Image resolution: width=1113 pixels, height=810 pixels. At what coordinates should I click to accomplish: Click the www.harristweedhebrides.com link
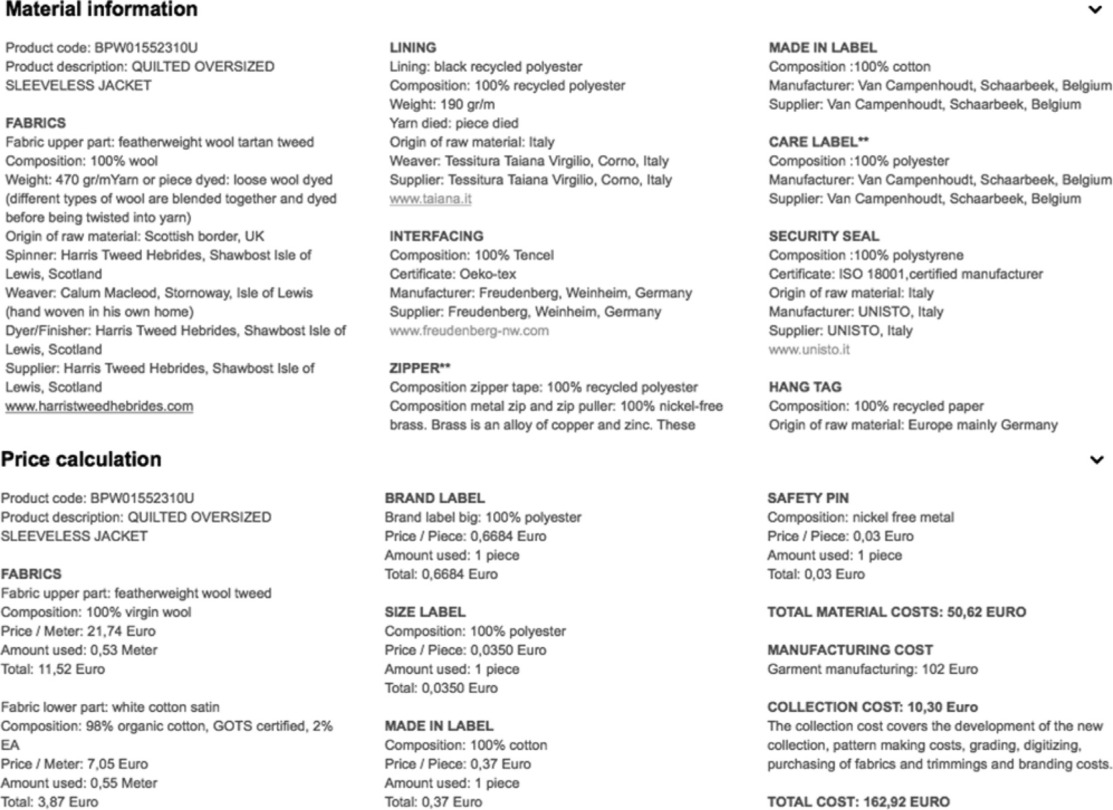(x=99, y=406)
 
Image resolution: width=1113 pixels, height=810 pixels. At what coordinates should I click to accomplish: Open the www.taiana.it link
(x=430, y=198)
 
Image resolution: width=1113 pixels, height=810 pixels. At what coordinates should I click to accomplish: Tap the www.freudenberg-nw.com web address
(x=469, y=331)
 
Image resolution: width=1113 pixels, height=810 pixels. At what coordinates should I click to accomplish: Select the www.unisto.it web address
(x=809, y=349)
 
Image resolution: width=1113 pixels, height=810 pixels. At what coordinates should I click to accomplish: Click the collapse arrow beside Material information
(x=1095, y=10)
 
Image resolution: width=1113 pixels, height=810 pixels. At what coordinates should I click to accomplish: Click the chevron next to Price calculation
(x=1096, y=460)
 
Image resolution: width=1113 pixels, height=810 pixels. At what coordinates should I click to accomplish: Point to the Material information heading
(x=101, y=9)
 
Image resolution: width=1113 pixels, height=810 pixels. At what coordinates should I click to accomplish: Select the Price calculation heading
(x=81, y=459)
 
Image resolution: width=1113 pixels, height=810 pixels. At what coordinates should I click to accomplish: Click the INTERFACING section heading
(x=436, y=236)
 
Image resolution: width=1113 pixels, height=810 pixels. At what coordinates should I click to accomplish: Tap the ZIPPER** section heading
(x=419, y=368)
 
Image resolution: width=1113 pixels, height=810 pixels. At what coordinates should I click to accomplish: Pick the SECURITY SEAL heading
(x=823, y=236)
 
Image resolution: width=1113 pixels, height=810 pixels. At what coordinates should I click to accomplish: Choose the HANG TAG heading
(x=805, y=387)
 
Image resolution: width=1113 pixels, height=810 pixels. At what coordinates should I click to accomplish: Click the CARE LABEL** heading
(x=818, y=142)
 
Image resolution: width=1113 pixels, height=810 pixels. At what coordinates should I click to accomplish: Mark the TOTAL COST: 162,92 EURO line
(x=858, y=802)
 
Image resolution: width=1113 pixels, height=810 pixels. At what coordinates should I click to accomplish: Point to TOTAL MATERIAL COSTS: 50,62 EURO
(x=896, y=612)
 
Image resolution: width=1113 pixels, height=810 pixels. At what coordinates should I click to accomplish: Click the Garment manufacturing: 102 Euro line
(x=872, y=670)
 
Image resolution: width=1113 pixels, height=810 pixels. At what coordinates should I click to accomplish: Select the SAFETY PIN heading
(x=807, y=499)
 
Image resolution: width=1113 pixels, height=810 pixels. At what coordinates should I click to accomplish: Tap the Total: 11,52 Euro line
(x=53, y=670)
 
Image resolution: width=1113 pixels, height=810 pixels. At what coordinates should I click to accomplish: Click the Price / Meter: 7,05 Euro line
(x=74, y=764)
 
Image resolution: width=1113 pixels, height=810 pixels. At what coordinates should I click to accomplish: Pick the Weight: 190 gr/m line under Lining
(x=441, y=104)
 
